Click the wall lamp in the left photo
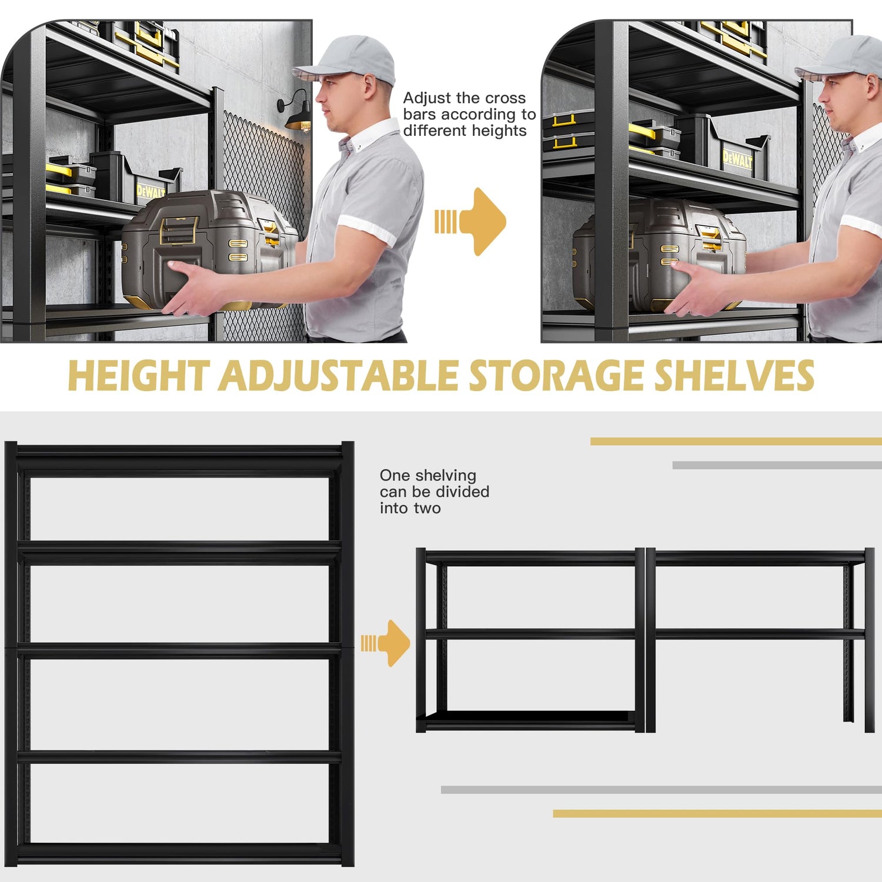click(x=296, y=114)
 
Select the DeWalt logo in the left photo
click(x=151, y=192)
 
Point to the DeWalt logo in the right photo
click(x=737, y=159)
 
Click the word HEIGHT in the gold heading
click(x=139, y=376)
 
